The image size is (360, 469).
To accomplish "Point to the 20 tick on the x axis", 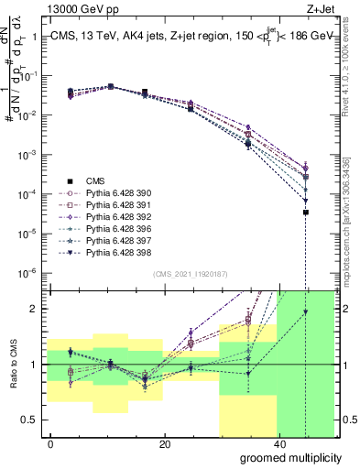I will click(165, 443).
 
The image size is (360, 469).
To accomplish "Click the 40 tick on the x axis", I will click(278, 443).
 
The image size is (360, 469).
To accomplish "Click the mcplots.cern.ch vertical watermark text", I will click(349, 238).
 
